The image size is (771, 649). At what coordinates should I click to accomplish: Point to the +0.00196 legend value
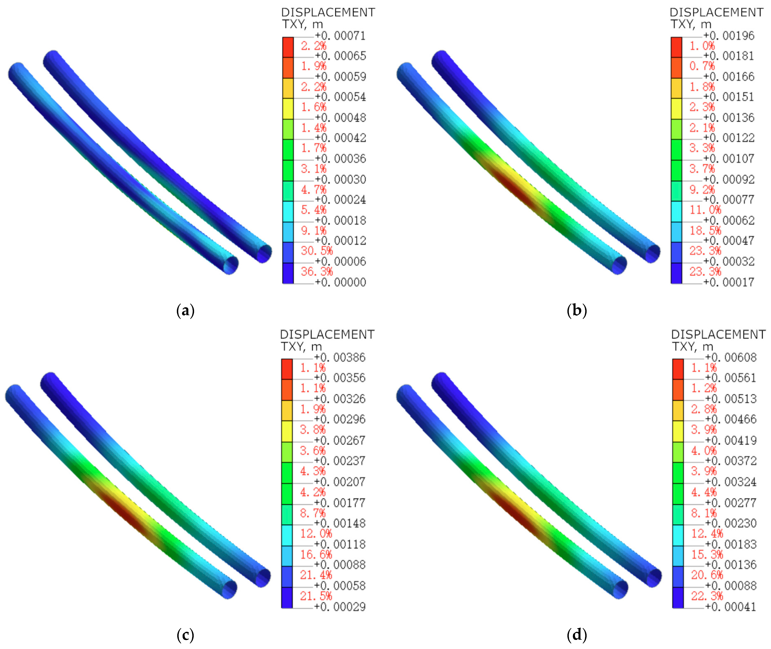(729, 36)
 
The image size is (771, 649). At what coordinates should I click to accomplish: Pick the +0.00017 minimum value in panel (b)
(729, 282)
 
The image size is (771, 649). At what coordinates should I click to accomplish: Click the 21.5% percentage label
(316, 596)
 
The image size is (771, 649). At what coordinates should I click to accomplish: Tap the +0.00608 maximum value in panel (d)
(731, 357)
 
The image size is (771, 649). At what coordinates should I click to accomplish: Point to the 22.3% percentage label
(707, 596)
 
